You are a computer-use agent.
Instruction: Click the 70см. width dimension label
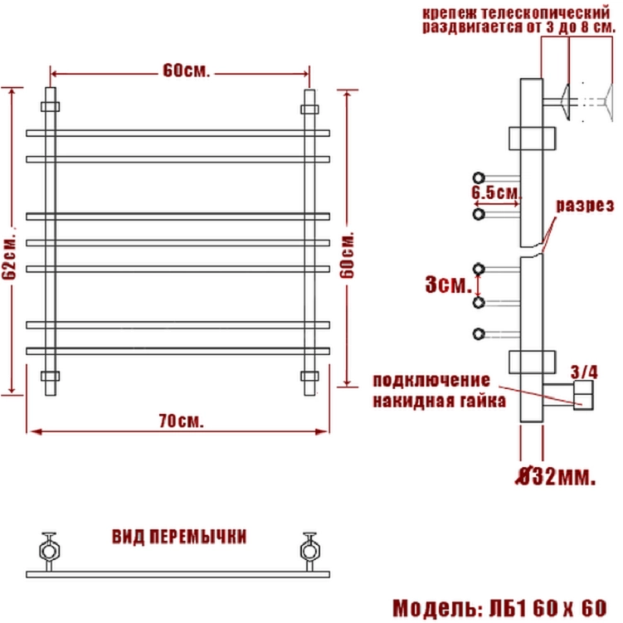(x=181, y=421)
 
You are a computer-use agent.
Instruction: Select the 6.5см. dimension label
(x=496, y=192)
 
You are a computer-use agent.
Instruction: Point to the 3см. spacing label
(x=449, y=285)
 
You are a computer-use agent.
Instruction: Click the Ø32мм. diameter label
(x=556, y=477)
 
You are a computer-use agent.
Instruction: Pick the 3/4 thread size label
(x=584, y=372)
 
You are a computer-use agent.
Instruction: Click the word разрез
(x=585, y=206)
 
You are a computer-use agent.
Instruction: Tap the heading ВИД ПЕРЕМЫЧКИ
(x=179, y=537)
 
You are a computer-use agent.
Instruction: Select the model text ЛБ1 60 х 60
(x=548, y=608)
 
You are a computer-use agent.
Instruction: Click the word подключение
(x=431, y=381)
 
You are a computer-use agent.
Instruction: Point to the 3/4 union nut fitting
(x=583, y=395)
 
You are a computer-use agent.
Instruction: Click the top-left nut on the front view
(x=51, y=106)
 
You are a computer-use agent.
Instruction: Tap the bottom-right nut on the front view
(x=309, y=376)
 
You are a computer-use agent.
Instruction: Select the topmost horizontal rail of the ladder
(x=178, y=133)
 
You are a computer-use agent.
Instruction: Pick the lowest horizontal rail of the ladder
(x=178, y=351)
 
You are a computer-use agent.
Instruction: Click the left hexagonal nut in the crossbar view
(x=50, y=551)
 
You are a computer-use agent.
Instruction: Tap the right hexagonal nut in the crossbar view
(x=309, y=551)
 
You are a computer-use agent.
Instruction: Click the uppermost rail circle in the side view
(x=479, y=178)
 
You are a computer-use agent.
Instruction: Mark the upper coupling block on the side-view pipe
(x=532, y=139)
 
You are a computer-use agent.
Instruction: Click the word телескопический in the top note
(x=546, y=13)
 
